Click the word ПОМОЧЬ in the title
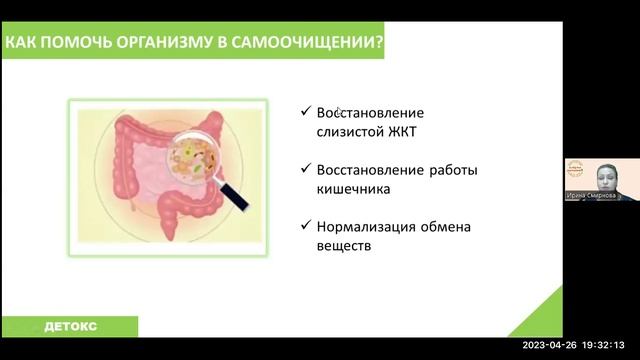coord(85,44)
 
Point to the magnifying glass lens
coord(196,157)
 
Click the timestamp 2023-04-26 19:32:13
coord(580,345)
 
